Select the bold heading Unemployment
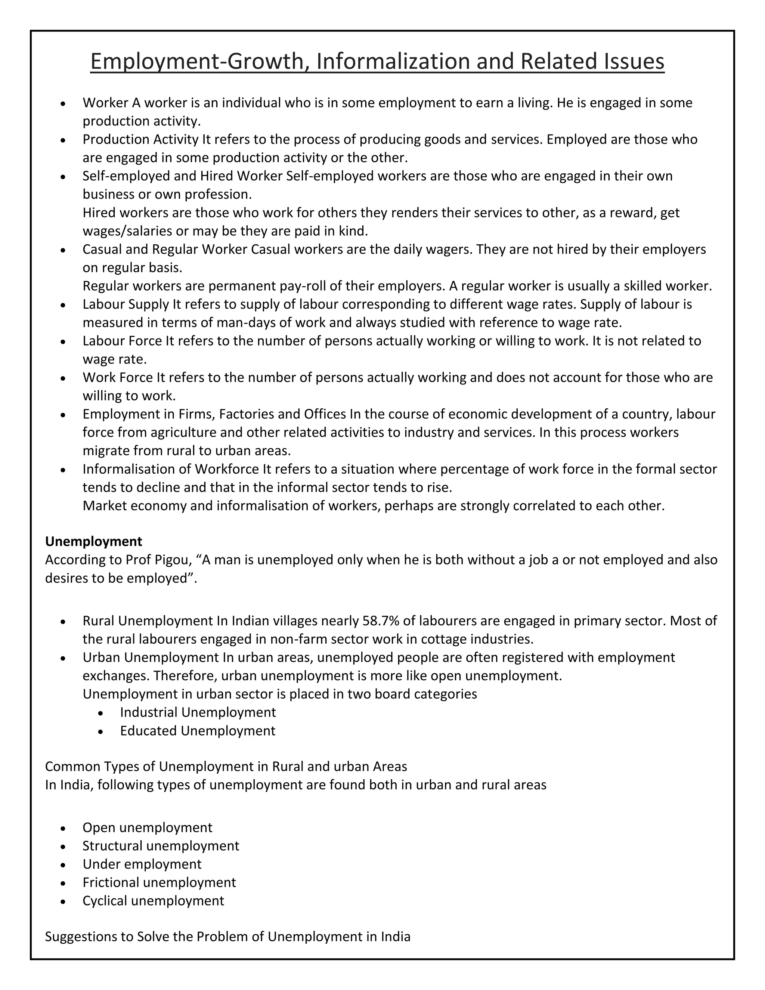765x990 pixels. tap(93, 541)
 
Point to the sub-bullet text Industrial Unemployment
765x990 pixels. tap(198, 712)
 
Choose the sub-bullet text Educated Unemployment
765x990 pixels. tap(198, 731)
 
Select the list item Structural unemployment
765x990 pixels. tap(161, 846)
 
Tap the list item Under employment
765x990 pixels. tap(142, 864)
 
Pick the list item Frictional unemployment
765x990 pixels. tap(159, 882)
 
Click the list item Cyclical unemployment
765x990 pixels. tap(153, 901)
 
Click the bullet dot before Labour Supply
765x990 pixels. tap(63, 305)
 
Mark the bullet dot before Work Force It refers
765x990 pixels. tap(63, 378)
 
